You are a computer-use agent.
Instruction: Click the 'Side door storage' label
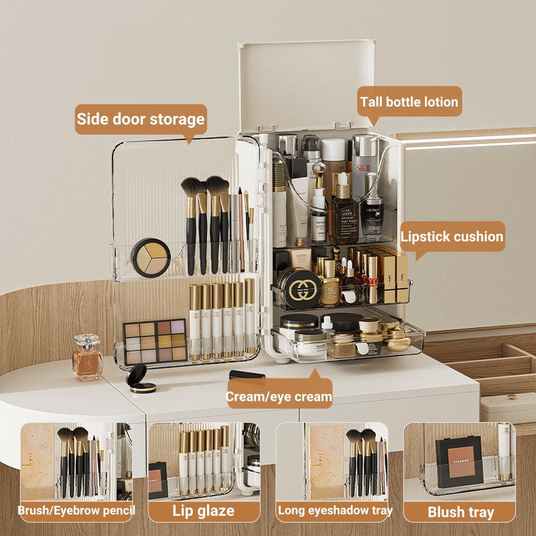coord(140,119)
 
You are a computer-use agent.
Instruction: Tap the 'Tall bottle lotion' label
coord(409,102)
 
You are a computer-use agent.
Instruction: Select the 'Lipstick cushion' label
coord(452,237)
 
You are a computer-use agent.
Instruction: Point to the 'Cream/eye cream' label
coord(279,396)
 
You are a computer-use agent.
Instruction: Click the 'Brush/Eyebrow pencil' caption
coord(76,511)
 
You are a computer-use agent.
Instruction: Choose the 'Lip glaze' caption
coord(204,511)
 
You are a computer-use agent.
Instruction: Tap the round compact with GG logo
coord(299,287)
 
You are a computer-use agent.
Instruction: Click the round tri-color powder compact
coord(150,257)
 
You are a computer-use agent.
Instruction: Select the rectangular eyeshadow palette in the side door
coord(155,341)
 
